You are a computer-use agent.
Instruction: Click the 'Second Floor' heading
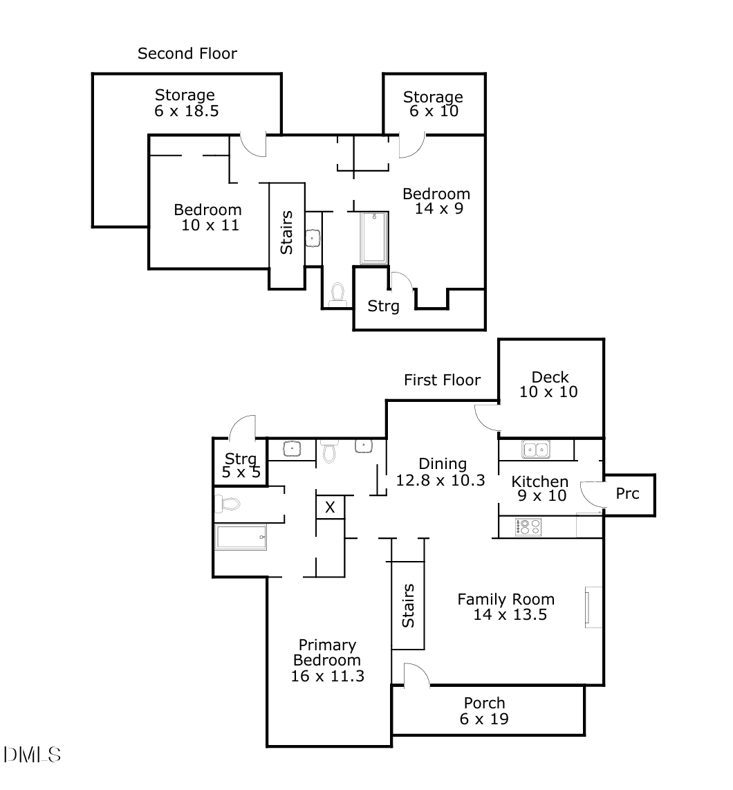[187, 53]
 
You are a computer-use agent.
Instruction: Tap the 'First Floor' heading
[443, 380]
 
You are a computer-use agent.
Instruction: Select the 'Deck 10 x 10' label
[548, 385]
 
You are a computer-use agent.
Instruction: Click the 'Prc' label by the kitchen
[627, 494]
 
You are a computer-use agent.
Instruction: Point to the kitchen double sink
[535, 450]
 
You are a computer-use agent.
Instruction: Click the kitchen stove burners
[528, 527]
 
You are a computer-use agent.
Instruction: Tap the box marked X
[330, 507]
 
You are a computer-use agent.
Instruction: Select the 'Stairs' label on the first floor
[408, 605]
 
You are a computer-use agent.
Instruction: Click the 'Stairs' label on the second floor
[286, 232]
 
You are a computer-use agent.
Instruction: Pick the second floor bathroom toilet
[337, 295]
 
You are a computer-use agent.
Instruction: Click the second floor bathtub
[374, 238]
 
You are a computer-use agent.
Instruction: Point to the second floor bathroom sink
[313, 238]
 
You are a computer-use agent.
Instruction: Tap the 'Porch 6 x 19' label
[484, 711]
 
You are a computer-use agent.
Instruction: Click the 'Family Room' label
[505, 600]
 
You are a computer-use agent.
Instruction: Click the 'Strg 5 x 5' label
[241, 465]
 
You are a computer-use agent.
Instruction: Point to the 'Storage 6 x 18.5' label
[186, 103]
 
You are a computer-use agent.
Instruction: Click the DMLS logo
[33, 755]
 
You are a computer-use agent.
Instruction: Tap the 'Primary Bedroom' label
[327, 652]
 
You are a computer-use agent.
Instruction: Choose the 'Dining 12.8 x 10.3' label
[440, 472]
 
